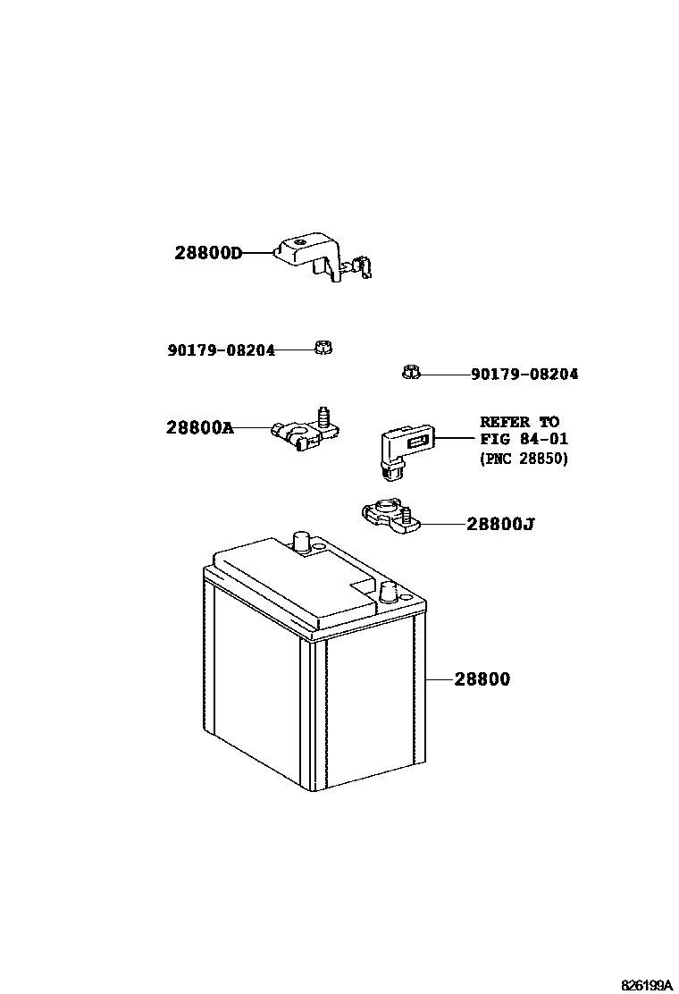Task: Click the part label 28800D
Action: pos(208,253)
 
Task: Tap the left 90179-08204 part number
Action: pos(221,350)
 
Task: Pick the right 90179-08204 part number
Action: pos(524,374)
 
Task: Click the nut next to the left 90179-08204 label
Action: pos(323,348)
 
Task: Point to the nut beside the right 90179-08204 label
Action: pos(411,372)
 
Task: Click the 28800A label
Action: pos(199,427)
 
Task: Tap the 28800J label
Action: pos(500,524)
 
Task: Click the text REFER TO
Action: pos(519,421)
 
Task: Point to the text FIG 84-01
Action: pos(524,439)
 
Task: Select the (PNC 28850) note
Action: pos(524,459)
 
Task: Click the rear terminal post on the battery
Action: pos(301,542)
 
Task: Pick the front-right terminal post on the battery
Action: pos(388,591)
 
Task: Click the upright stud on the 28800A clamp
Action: pos(323,416)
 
